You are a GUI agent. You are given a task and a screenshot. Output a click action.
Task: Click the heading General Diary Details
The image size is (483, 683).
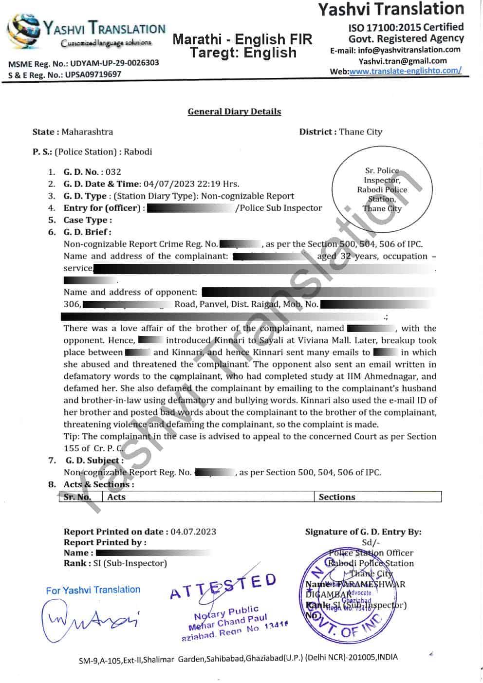point(234,111)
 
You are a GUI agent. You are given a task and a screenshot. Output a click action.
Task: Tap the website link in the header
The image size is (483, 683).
point(405,71)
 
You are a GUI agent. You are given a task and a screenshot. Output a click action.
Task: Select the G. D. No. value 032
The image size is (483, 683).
point(113,172)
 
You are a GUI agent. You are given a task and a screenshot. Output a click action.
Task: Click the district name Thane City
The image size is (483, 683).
point(360,132)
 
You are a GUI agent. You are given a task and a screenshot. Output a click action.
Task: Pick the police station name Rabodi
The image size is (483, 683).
point(138,152)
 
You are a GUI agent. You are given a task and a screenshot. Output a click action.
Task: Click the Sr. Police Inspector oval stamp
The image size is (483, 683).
point(382,189)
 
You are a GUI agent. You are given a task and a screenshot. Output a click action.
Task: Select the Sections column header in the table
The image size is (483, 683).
point(337,497)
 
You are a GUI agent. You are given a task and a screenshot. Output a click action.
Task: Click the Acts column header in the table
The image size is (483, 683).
point(116,497)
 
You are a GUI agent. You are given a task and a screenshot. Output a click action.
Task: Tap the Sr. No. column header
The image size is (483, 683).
point(77,497)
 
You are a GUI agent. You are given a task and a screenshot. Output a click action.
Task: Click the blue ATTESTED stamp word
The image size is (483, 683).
point(223,586)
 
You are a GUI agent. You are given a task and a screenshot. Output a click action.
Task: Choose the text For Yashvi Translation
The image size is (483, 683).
point(93,590)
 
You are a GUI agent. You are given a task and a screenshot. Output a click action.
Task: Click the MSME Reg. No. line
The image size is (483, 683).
point(83,63)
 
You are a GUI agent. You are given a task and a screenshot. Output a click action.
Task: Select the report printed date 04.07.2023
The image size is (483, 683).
point(193,532)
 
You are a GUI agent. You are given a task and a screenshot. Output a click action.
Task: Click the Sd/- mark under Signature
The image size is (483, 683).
point(371,542)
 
